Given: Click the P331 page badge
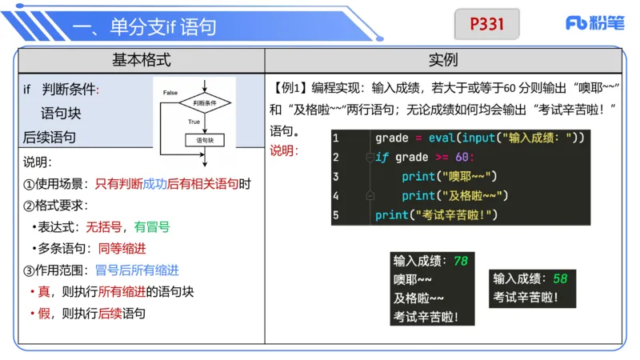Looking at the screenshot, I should click(486, 24).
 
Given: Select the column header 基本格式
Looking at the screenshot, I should click(142, 60).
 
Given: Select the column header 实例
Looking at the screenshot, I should click(443, 60).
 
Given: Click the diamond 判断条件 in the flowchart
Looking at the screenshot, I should click(205, 103).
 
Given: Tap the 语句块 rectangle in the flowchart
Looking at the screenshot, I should click(205, 140).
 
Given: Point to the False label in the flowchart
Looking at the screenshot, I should click(170, 93).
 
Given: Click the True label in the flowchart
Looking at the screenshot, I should click(194, 122).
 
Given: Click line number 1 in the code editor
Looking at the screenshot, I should click(336, 138).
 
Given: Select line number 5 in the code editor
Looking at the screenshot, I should click(336, 214).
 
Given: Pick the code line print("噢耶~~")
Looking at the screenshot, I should click(449, 176).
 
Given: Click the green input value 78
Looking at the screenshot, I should click(460, 261).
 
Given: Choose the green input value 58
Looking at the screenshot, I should click(559, 278).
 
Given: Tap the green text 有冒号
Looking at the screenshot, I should click(152, 226).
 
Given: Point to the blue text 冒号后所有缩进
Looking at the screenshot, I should click(137, 270).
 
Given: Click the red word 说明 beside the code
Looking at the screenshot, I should click(283, 150).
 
